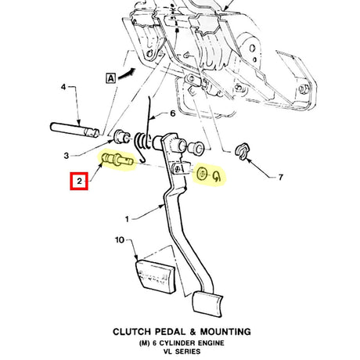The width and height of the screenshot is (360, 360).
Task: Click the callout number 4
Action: (x=63, y=87)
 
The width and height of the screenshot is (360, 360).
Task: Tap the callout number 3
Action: (x=67, y=156)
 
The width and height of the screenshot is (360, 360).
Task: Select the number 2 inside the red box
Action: (x=79, y=181)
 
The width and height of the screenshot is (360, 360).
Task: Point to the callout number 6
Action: (x=173, y=113)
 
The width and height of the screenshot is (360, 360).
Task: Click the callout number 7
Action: (x=280, y=178)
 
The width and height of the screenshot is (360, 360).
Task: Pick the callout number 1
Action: (x=127, y=219)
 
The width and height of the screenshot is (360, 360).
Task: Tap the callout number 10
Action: (x=120, y=239)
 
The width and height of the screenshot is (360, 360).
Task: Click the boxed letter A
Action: (x=111, y=78)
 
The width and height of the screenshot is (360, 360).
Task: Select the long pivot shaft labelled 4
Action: (x=74, y=130)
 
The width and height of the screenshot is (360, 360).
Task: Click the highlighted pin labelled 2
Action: (x=118, y=159)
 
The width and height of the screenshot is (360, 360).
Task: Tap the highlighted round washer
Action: (x=202, y=173)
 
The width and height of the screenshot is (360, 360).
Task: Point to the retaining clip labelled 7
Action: (x=243, y=151)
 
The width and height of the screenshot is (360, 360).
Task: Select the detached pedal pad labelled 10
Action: (x=155, y=276)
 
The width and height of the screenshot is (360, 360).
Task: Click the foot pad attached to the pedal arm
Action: (x=207, y=304)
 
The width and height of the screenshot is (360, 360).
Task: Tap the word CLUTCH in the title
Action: (x=132, y=332)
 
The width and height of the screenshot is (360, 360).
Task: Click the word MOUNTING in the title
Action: (x=225, y=332)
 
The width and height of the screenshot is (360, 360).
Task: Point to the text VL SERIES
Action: (x=182, y=351)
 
